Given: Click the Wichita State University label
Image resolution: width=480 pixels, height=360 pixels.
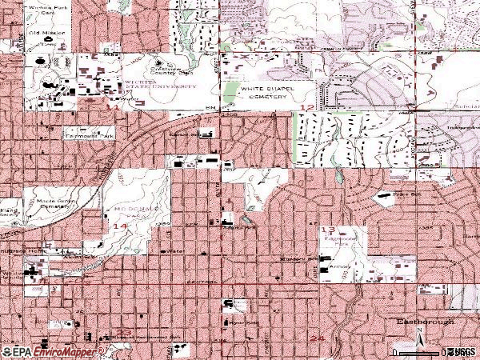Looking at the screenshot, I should [x=158, y=86].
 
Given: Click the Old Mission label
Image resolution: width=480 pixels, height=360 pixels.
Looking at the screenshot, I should [x=44, y=35].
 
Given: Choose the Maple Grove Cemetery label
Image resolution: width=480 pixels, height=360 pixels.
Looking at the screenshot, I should [x=48, y=203].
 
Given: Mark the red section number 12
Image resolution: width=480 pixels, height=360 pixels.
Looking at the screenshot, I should [x=306, y=106].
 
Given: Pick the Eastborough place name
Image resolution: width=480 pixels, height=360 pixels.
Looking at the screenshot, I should [x=425, y=322].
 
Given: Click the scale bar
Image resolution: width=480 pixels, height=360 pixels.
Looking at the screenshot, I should [x=438, y=351].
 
